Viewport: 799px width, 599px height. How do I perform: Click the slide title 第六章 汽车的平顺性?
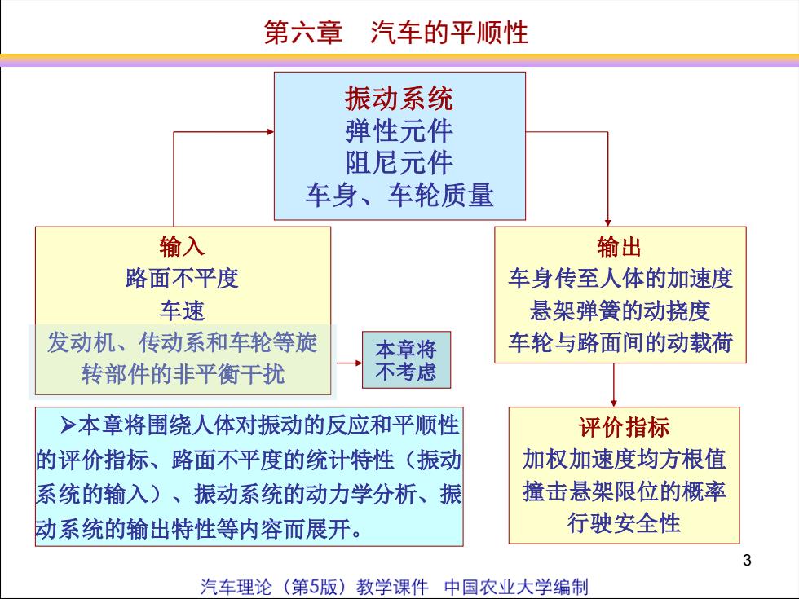click(x=396, y=32)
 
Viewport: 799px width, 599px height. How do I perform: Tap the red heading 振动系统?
click(x=399, y=99)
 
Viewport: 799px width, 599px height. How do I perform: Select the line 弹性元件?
click(x=399, y=131)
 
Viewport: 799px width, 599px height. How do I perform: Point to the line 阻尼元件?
click(x=399, y=163)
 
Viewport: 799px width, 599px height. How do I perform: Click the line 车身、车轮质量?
click(x=399, y=195)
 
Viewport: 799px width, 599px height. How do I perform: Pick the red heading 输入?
click(x=182, y=246)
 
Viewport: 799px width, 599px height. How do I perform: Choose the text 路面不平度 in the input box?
click(x=182, y=278)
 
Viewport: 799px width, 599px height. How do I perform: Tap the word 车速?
click(x=182, y=311)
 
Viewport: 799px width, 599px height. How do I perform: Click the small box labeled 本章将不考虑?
click(x=406, y=359)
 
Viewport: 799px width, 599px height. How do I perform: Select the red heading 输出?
click(x=619, y=246)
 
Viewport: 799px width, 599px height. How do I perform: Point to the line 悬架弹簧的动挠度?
click(x=620, y=311)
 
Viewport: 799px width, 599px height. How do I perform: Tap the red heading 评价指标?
click(x=625, y=427)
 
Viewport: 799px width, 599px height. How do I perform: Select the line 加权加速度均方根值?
click(x=625, y=459)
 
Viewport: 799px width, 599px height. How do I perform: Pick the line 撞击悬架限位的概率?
click(x=625, y=491)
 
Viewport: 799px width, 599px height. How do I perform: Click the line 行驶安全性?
click(x=625, y=523)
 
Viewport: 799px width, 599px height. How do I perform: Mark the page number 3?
click(x=747, y=561)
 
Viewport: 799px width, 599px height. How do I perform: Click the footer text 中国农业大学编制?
click(x=516, y=587)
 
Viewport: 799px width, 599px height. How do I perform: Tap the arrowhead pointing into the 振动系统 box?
click(x=271, y=132)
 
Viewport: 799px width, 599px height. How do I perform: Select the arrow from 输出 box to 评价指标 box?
click(x=613, y=385)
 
